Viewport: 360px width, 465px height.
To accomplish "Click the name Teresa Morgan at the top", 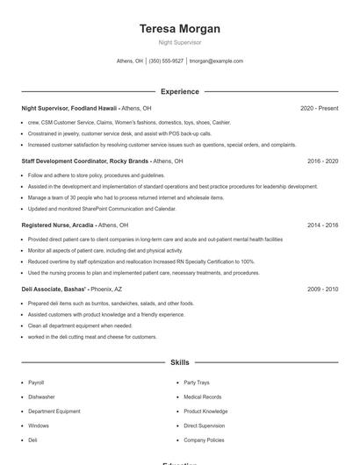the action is [x=180, y=29].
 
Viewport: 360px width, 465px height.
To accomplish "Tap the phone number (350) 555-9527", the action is [x=166, y=61].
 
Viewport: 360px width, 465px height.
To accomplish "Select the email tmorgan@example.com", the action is [x=216, y=61].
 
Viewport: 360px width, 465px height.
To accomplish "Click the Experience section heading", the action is [x=180, y=91].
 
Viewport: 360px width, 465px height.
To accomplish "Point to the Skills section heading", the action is [x=180, y=361].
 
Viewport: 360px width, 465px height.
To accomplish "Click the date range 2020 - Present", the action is [x=319, y=108].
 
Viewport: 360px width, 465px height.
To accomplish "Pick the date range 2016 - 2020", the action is [x=322, y=161].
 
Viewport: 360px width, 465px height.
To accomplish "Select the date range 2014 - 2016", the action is [x=322, y=225].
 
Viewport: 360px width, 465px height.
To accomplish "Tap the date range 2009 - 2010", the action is [x=322, y=289].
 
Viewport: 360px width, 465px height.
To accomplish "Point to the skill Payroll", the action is [x=36, y=383].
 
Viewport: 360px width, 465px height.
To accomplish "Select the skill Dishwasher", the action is [x=40, y=397].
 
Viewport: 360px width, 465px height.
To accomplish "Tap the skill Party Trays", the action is [x=196, y=383].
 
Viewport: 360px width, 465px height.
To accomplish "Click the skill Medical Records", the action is [x=202, y=397].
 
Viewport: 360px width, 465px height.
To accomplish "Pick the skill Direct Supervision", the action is [x=204, y=426].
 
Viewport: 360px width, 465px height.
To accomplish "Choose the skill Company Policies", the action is [x=204, y=440].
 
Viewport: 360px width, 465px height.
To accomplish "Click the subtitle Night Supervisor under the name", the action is [x=180, y=42].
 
